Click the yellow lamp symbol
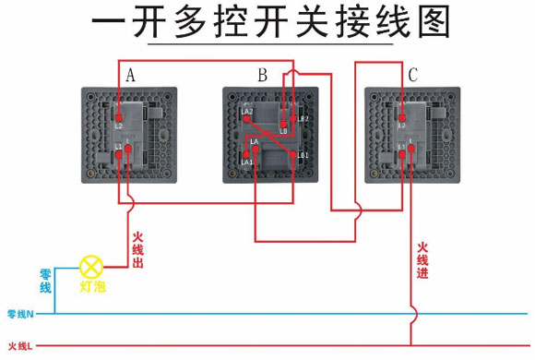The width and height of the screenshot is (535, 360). (x=89, y=267)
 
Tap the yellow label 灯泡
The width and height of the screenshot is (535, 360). (x=92, y=287)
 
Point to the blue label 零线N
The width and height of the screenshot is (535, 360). (x=20, y=315)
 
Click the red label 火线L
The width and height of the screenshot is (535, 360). (x=19, y=346)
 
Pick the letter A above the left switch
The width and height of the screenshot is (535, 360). (x=131, y=75)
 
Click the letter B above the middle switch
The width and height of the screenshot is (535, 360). (x=263, y=75)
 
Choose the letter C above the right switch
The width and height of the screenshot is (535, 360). (x=413, y=75)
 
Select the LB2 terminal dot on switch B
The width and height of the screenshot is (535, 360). (x=293, y=118)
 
